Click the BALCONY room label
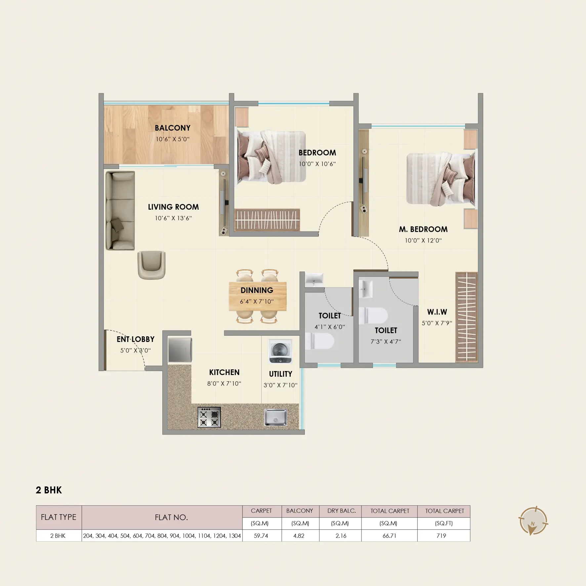click(x=173, y=128)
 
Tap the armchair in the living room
click(x=151, y=265)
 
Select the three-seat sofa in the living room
click(x=120, y=211)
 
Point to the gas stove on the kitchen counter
click(x=209, y=417)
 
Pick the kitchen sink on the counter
click(x=275, y=417)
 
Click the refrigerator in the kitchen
click(x=180, y=350)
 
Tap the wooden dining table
click(x=258, y=296)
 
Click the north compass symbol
click(x=532, y=521)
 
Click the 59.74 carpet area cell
click(x=262, y=536)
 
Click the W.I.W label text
click(x=437, y=312)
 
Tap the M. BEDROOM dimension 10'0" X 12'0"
click(x=423, y=240)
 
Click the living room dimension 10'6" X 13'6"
click(x=173, y=218)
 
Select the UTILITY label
click(x=280, y=374)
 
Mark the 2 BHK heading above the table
click(x=49, y=490)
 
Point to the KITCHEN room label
click(x=224, y=372)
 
